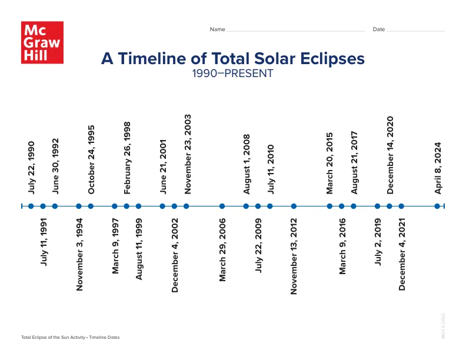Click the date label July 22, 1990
(x=31, y=167)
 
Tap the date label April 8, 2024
(x=438, y=168)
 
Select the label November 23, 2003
(x=188, y=154)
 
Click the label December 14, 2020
(x=390, y=155)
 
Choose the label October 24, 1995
(x=91, y=159)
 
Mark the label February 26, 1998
(x=127, y=158)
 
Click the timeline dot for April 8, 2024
(x=437, y=206)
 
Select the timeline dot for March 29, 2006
(x=222, y=206)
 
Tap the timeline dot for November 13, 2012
(x=294, y=206)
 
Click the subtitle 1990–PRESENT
(x=232, y=74)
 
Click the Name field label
(x=217, y=29)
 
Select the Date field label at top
(x=378, y=29)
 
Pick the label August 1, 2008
(x=247, y=164)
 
